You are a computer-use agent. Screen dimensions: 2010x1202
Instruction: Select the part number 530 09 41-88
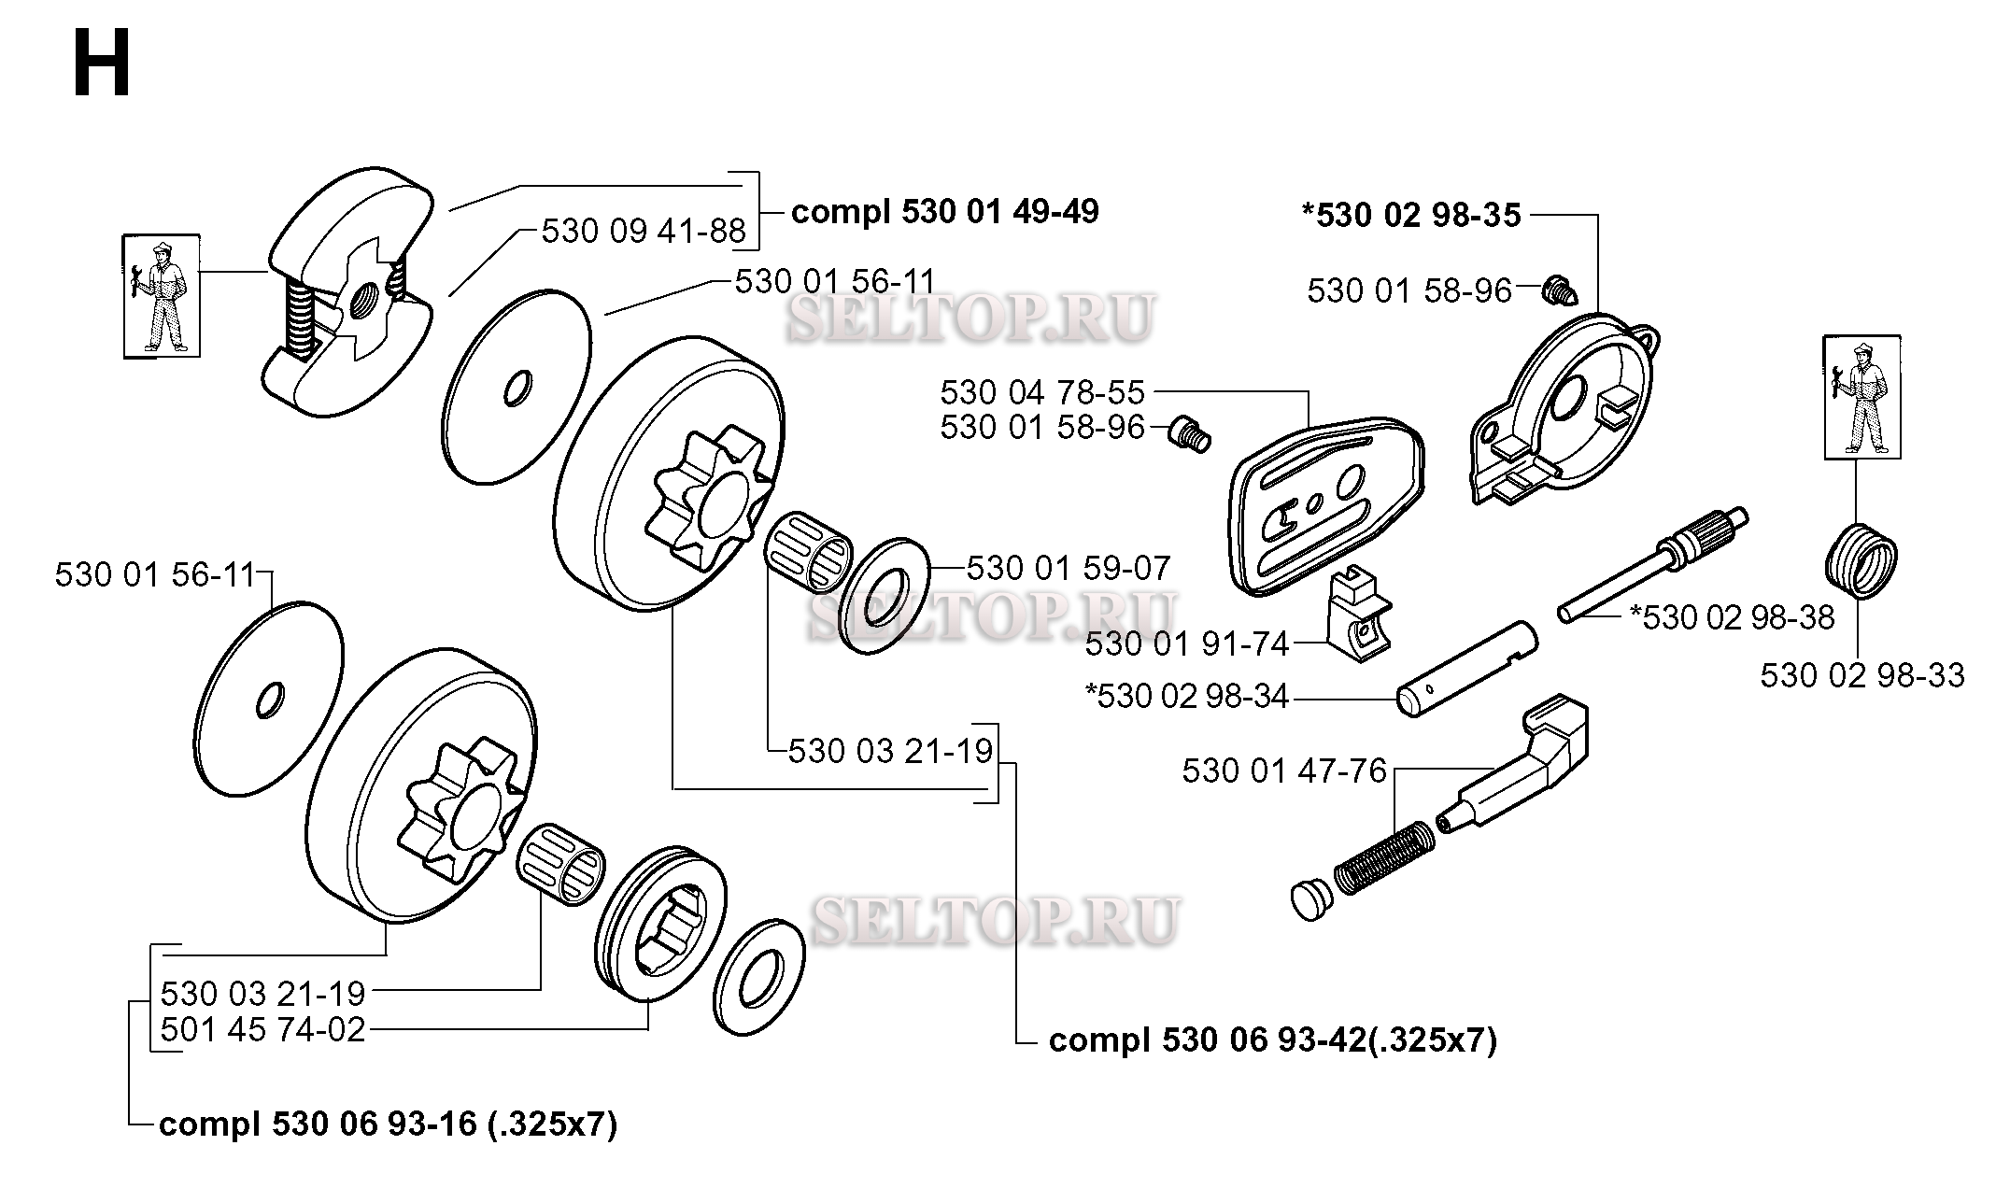coord(644,231)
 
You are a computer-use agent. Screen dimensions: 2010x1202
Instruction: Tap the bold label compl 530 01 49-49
coord(944,212)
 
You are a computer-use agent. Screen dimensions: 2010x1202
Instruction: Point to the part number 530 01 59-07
coord(1068,568)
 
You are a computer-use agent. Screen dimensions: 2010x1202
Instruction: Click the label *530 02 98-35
coord(1411,216)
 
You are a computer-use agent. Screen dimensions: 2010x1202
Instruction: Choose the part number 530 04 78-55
coord(1042,392)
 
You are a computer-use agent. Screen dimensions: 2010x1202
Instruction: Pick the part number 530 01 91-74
coord(1187,643)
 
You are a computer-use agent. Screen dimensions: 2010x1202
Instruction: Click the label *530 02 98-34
coord(1187,697)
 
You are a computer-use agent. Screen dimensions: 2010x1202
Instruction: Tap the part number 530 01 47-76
coord(1284,771)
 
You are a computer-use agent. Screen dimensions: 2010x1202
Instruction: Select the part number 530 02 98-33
coord(1862,675)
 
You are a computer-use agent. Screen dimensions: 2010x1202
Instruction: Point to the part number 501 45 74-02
coord(262,1030)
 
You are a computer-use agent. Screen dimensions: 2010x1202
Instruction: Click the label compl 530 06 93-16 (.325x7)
coord(389,1124)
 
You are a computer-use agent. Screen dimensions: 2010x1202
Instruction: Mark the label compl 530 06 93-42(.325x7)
coord(1273,1040)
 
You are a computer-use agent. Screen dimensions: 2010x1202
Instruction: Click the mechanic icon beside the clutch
coord(162,295)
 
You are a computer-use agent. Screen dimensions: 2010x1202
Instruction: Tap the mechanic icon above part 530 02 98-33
coord(1862,397)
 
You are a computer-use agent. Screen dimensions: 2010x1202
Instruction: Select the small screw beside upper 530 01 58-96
coord(1559,291)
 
